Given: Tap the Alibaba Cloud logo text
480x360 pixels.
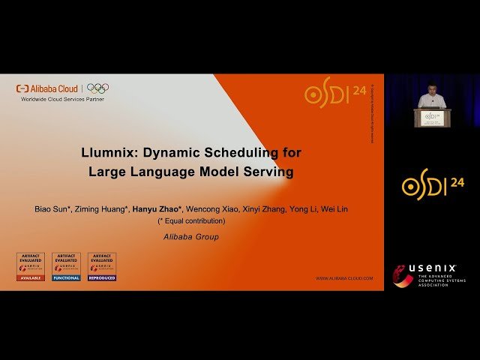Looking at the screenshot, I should coord(52,88).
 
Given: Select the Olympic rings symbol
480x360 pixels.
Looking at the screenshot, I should coord(97,88).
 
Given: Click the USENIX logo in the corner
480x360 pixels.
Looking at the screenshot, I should coord(430,275).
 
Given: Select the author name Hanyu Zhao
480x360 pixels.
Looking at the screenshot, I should coord(157,209).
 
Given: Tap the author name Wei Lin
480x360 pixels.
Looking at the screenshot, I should coord(334,209).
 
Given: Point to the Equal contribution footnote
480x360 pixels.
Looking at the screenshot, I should coord(190,221).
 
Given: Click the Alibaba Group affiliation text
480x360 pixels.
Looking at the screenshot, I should coord(191,237).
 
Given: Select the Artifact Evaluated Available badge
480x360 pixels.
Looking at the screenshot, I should coord(31,266).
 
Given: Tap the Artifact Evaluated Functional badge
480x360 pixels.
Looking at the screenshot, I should coord(66,266).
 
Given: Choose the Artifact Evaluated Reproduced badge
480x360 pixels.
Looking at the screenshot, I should coord(101,266).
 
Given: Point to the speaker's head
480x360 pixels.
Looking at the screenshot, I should coord(430,91).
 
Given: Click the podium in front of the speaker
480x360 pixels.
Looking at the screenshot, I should coord(430,117).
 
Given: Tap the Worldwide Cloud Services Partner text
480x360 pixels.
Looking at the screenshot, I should coord(62,99).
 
